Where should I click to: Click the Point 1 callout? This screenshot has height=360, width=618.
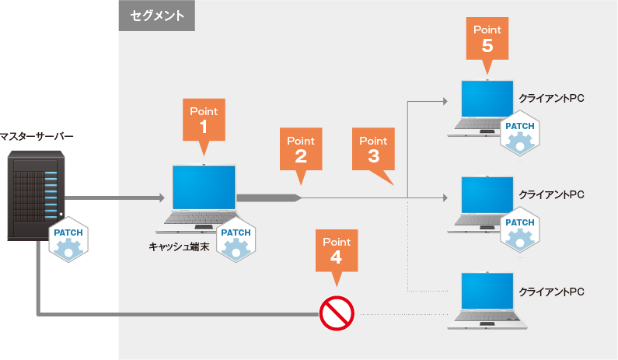[204, 119]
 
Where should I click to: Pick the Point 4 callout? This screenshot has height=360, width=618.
[336, 250]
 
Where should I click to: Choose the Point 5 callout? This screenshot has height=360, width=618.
[487, 39]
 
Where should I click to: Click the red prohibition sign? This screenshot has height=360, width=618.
[336, 314]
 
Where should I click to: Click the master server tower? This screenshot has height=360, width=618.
[36, 194]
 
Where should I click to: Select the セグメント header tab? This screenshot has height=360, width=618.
[156, 16]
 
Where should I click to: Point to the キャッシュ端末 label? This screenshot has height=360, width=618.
[180, 246]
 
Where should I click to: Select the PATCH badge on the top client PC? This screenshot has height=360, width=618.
[520, 132]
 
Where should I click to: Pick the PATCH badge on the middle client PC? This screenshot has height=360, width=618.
[520, 229]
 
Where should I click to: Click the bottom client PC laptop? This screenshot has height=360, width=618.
[487, 299]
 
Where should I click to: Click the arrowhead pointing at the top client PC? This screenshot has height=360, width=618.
[445, 101]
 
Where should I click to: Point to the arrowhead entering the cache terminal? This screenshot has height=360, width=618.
[164, 198]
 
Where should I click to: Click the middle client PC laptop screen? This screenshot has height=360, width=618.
[487, 196]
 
